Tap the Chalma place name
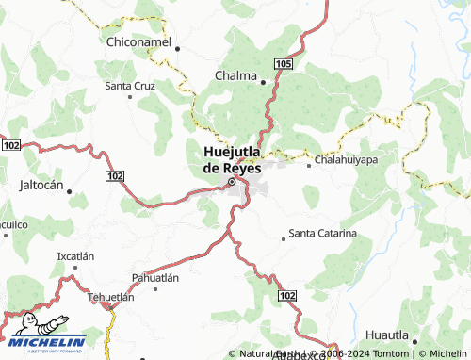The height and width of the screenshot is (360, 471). pos(235,75)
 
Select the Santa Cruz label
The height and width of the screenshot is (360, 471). pos(129,86)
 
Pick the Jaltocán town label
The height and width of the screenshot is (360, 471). pos(41,186)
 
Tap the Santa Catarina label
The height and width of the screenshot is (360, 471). pos(322,232)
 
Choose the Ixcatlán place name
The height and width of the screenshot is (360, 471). pos(76,256)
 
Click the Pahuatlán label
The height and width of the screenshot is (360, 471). pos(154,278)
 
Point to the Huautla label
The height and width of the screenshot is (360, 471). pos(387,335)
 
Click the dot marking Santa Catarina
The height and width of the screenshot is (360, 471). pos(283,238)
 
